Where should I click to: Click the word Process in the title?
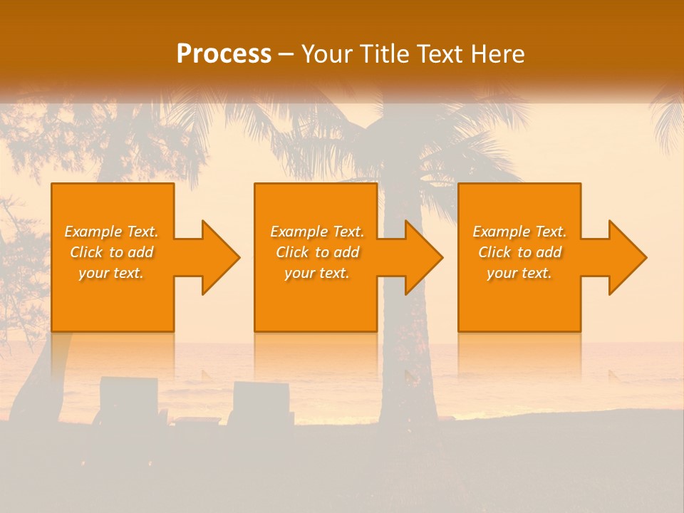[x=224, y=54]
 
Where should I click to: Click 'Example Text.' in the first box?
[x=112, y=232]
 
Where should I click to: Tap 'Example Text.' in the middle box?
[x=317, y=232]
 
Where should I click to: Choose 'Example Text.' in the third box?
[x=519, y=232]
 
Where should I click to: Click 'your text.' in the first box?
[x=112, y=273]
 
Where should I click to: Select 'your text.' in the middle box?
[x=317, y=273]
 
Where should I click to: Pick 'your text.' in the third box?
[x=519, y=273]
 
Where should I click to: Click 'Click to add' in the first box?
[x=112, y=252]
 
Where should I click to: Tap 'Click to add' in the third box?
[x=519, y=252]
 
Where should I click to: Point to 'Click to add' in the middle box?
[x=317, y=252]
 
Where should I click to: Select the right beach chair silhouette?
[x=262, y=403]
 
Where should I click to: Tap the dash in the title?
[x=286, y=55]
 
